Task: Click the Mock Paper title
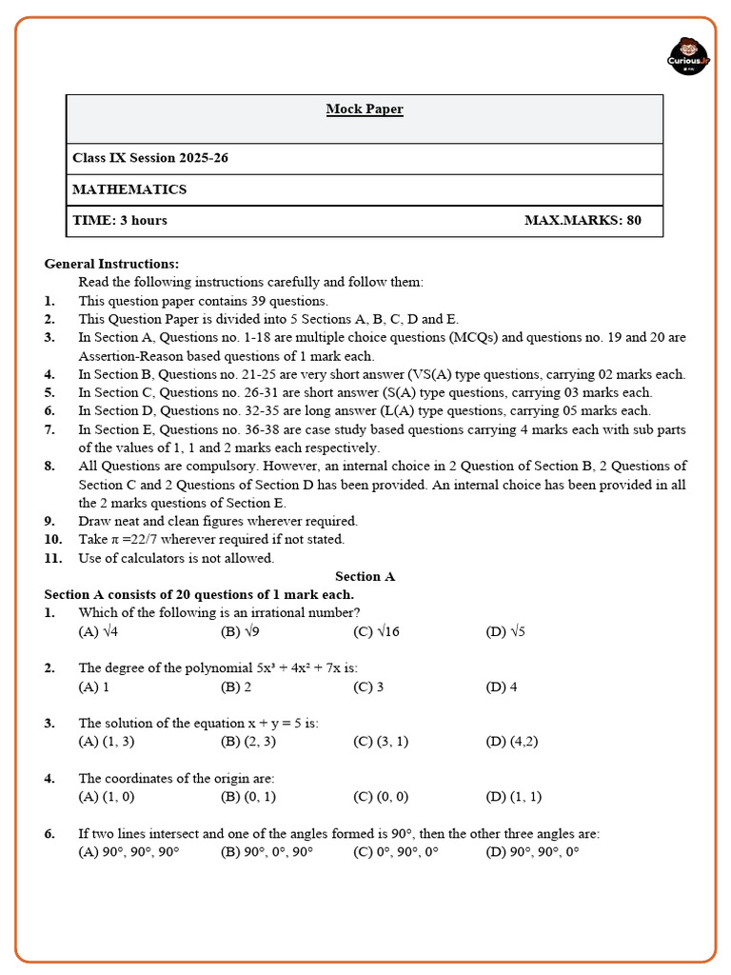click(365, 109)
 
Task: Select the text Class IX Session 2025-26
click(150, 158)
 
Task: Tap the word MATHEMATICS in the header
click(129, 189)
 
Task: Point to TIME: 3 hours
click(120, 221)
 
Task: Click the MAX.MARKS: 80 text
click(583, 221)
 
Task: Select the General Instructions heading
click(111, 264)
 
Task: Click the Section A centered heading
click(365, 577)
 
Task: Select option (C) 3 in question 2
click(368, 686)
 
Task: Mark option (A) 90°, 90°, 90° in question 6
click(128, 852)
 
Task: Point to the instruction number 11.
click(51, 558)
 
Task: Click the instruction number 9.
click(49, 521)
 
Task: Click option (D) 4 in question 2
click(502, 686)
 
